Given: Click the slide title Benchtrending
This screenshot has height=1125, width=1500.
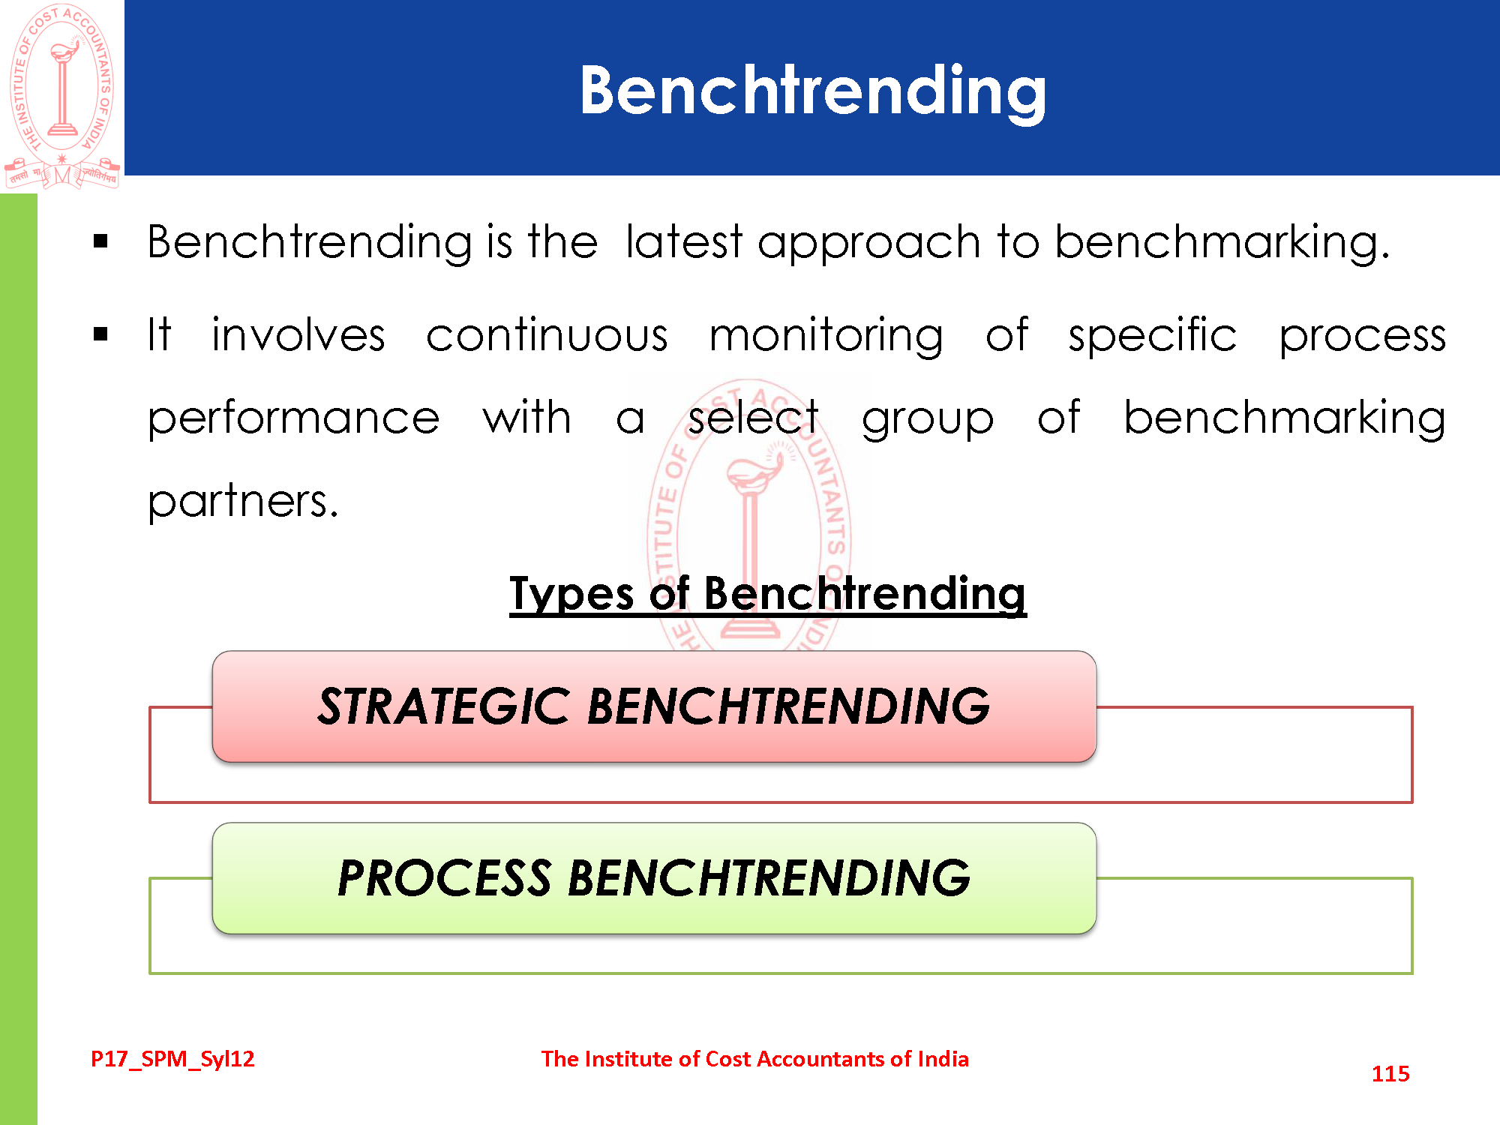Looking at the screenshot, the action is [x=813, y=92].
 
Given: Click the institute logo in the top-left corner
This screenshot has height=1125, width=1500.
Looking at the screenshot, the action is [x=62, y=96].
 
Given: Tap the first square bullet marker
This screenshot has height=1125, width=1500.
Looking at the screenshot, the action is [x=101, y=241].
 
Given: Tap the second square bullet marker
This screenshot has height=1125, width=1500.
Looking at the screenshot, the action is [x=101, y=334].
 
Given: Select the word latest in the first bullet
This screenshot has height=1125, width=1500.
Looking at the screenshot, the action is [x=683, y=242].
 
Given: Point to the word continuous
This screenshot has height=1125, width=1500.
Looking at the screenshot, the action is [x=547, y=335].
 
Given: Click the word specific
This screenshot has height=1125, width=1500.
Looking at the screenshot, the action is [x=1153, y=337].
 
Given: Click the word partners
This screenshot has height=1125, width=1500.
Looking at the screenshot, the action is [x=243, y=502].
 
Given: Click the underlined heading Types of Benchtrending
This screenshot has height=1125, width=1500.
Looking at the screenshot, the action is [x=768, y=594].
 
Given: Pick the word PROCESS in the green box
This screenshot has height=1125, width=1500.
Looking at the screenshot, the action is [x=444, y=877].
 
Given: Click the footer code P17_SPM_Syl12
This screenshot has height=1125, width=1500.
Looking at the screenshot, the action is [x=172, y=1059].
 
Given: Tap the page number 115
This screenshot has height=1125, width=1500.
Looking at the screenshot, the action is [x=1390, y=1074].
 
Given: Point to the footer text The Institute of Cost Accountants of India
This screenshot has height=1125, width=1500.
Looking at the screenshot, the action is [x=755, y=1059].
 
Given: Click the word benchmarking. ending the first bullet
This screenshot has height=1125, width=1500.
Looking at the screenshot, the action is [x=1222, y=244].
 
